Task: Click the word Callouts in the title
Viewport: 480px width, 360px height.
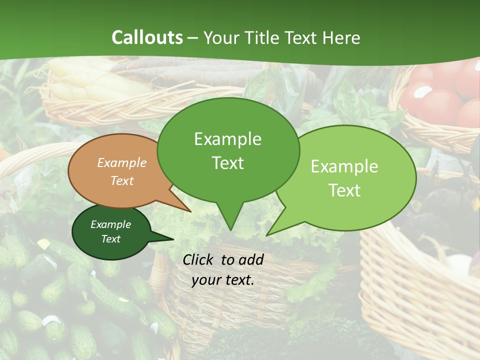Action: pyautogui.click(x=147, y=37)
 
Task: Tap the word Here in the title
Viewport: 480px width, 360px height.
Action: pyautogui.click(x=342, y=37)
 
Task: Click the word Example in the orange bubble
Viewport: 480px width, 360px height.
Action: pyautogui.click(x=121, y=163)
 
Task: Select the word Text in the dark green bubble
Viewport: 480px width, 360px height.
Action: pyautogui.click(x=110, y=239)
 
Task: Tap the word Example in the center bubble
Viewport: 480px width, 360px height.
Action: pyautogui.click(x=227, y=139)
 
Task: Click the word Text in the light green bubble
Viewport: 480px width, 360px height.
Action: pyautogui.click(x=344, y=190)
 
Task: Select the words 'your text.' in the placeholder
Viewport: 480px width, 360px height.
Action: pyautogui.click(x=223, y=280)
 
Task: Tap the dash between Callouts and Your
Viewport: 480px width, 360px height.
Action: pyautogui.click(x=193, y=38)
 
